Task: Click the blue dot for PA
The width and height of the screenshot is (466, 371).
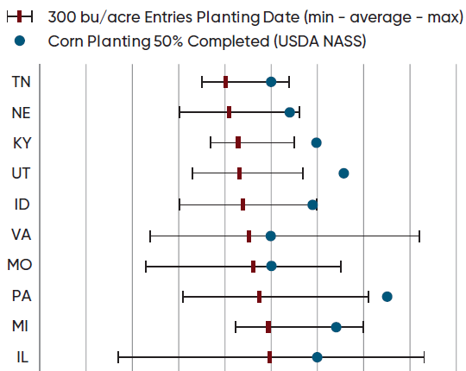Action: click(x=387, y=296)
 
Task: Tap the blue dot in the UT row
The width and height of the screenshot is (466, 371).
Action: click(x=343, y=173)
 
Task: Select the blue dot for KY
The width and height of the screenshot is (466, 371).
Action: click(x=317, y=142)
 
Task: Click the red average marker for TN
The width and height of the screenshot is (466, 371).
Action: click(x=226, y=82)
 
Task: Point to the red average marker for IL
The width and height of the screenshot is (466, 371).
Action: click(x=269, y=357)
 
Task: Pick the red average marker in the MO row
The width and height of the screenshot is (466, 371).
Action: click(x=253, y=266)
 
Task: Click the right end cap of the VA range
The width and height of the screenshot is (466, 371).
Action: click(x=419, y=236)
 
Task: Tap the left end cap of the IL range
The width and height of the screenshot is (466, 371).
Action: click(x=118, y=357)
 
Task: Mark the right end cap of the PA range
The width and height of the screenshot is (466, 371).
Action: click(x=368, y=297)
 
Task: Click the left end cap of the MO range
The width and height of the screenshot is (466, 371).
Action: click(x=146, y=266)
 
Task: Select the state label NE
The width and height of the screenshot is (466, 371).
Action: click(x=22, y=112)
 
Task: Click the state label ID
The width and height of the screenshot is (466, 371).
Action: click(x=22, y=204)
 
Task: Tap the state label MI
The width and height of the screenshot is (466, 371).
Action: click(x=22, y=326)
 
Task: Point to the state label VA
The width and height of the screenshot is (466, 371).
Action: click(x=22, y=235)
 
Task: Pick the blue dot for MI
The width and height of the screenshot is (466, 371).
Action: click(x=336, y=327)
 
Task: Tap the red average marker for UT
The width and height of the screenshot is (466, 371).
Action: click(x=239, y=173)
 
